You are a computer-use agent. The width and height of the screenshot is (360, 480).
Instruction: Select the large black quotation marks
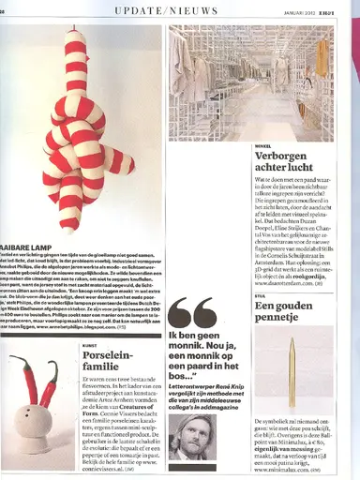tap(193, 313)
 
